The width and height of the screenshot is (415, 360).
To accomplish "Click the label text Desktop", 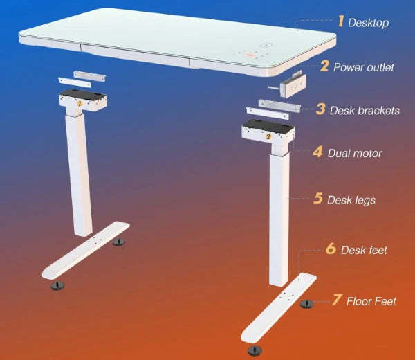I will (x=368, y=23).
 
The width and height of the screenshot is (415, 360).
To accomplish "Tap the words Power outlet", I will (x=364, y=67).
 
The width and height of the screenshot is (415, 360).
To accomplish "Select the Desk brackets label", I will (x=365, y=110).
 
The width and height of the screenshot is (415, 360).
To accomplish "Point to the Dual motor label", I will (x=354, y=152).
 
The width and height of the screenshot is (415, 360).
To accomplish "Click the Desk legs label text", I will (x=351, y=200).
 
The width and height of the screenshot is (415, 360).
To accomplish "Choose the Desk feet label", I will (x=364, y=250).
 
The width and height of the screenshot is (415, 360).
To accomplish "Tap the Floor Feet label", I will (x=372, y=301).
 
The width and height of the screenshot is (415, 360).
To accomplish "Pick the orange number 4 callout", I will (x=317, y=152).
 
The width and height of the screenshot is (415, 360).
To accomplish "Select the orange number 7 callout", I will (x=337, y=300).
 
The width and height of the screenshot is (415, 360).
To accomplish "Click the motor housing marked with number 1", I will (x=81, y=101).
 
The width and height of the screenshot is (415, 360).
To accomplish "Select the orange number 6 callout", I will (x=330, y=249).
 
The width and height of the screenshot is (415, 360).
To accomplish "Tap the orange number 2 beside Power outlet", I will (x=324, y=66).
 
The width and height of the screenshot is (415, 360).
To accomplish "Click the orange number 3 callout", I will (x=320, y=109).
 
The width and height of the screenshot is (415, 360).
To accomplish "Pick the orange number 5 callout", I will (x=318, y=199).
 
